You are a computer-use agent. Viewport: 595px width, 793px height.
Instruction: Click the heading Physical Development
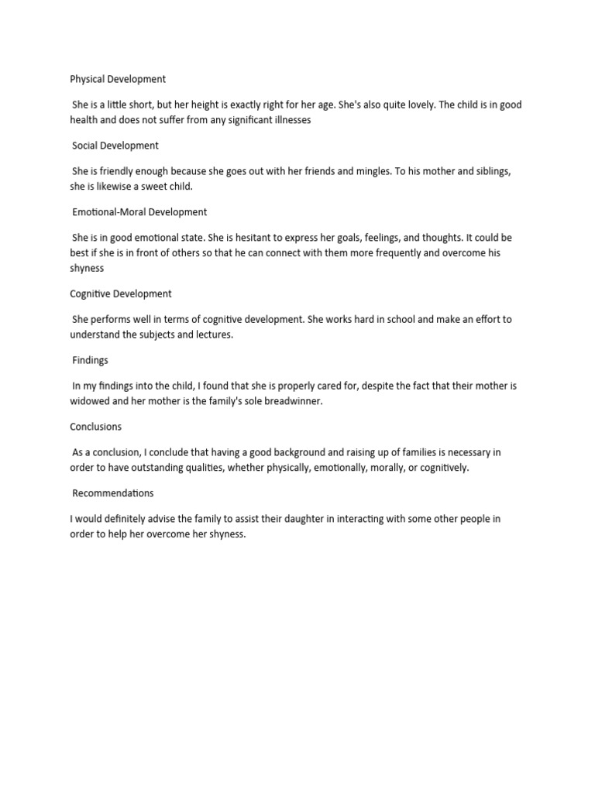click(118, 79)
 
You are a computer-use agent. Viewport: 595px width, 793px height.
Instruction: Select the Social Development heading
click(115, 146)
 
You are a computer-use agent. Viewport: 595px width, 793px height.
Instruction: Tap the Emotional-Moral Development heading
click(139, 212)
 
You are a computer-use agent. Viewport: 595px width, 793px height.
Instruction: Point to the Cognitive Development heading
click(121, 294)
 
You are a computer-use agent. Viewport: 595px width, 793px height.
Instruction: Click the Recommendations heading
click(113, 493)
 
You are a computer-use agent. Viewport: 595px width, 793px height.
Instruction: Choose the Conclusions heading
click(96, 427)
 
